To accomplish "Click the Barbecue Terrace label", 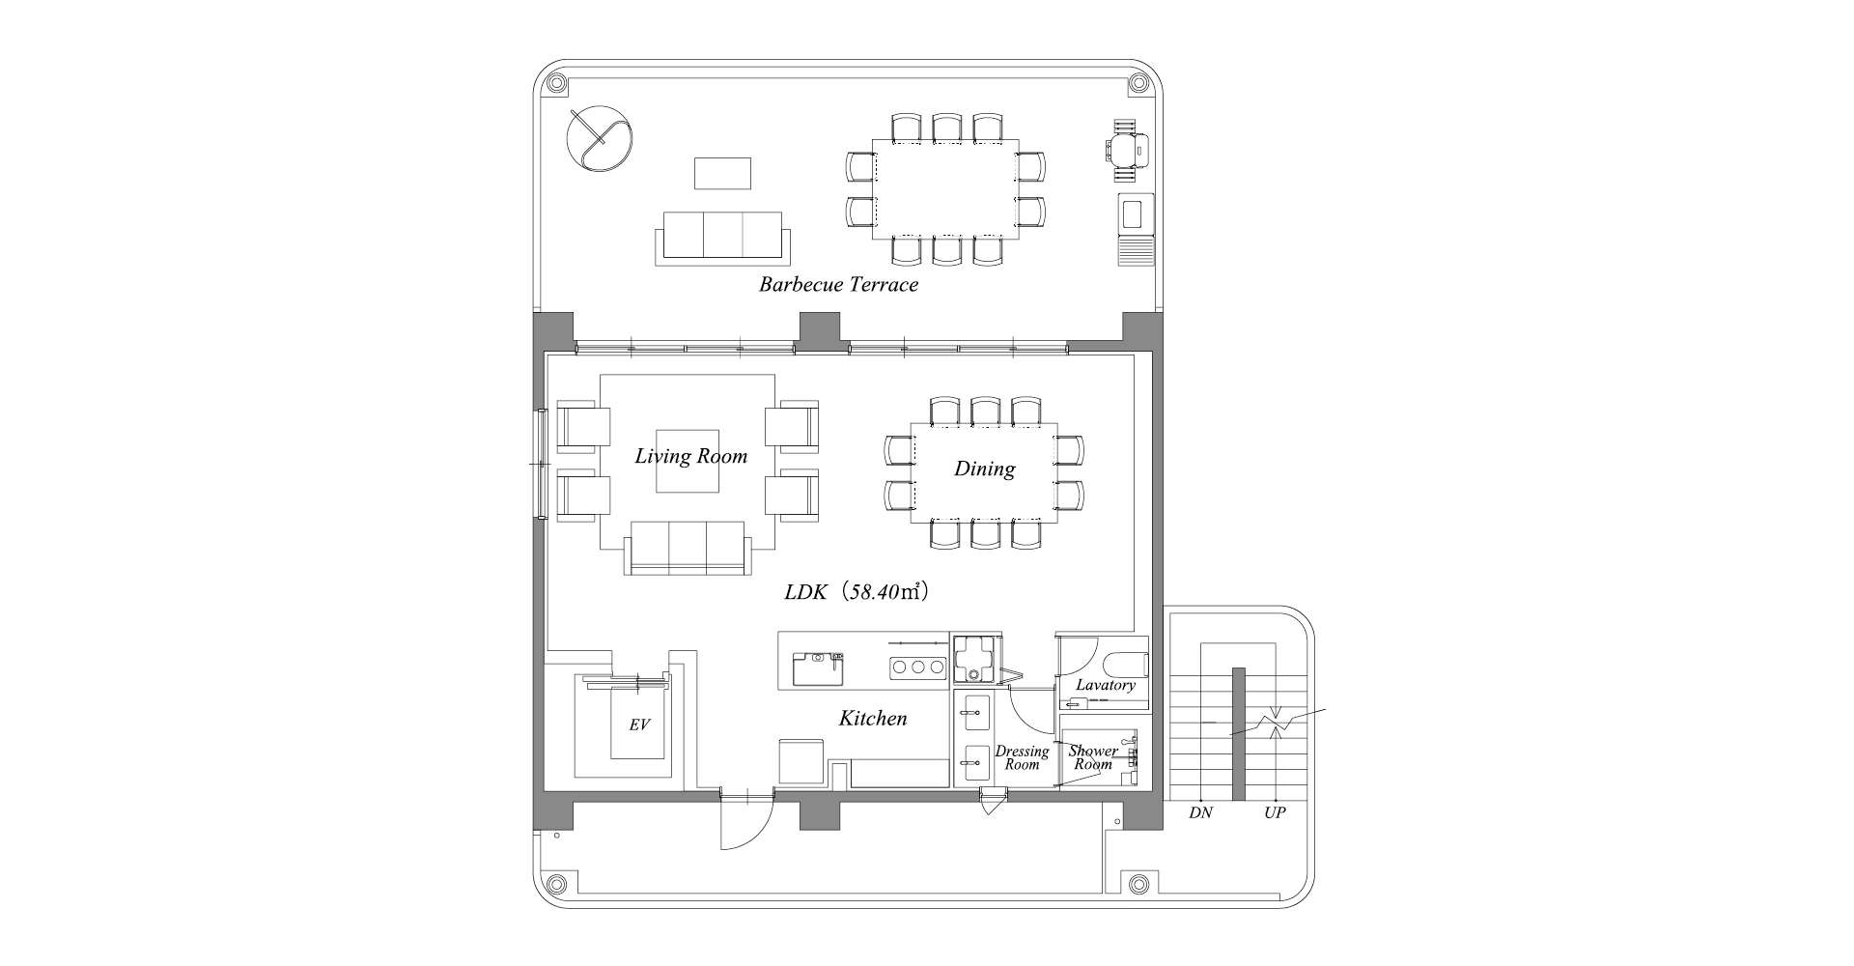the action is pos(838,284).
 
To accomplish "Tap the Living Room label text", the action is pos(690,456).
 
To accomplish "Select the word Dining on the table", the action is pos(984,469).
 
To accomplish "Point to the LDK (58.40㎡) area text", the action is pos(857,592).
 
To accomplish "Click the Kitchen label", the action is pos(872,719).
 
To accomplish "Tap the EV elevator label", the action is pos(639,724).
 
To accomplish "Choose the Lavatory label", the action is pos(1105,685).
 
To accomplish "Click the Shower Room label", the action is pos(1094,757).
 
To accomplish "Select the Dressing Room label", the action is pos(1022,758).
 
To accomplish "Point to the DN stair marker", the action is pos(1200,813).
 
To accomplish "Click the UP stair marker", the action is pos(1275,813).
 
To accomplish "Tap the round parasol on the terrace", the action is pos(599,139).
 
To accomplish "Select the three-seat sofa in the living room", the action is pos(688,548).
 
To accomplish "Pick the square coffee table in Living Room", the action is pos(688,461).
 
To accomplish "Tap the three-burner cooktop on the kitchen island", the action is pos(916,667).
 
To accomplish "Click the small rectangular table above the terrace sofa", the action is pos(722,174).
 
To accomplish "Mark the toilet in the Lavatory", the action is pos(1128,666).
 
